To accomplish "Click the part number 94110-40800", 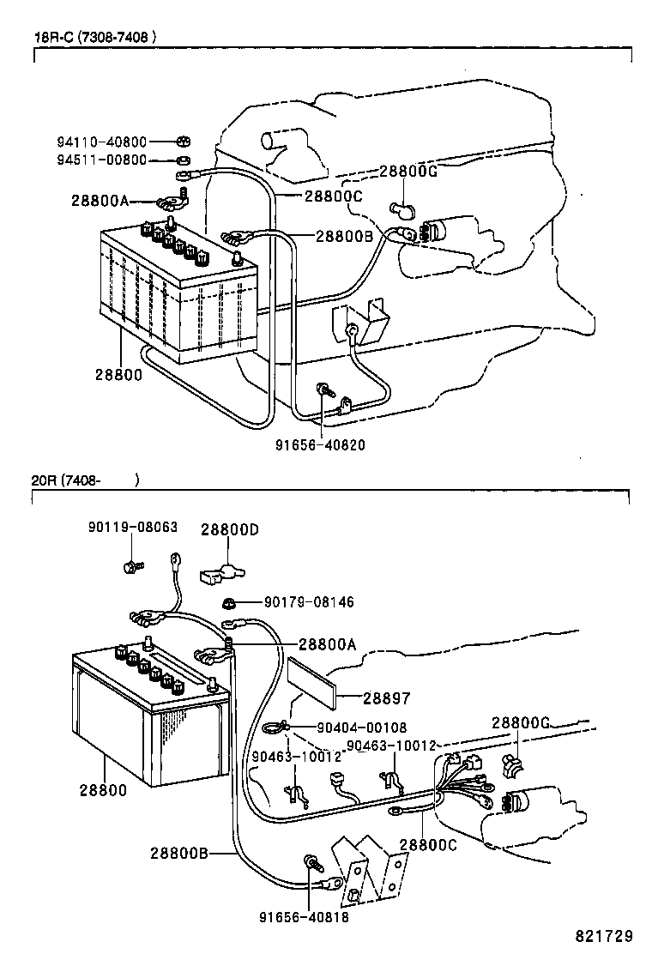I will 102,142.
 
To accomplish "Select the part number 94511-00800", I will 102,160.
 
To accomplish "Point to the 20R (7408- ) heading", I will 84,480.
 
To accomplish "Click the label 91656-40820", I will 321,444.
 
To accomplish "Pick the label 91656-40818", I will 305,915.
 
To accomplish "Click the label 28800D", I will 230,530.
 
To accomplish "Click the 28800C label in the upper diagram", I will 335,196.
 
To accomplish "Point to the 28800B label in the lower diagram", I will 179,853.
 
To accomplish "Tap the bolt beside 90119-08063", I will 131,565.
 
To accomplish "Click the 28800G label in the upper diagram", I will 408,171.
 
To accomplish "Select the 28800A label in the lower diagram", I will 328,644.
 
